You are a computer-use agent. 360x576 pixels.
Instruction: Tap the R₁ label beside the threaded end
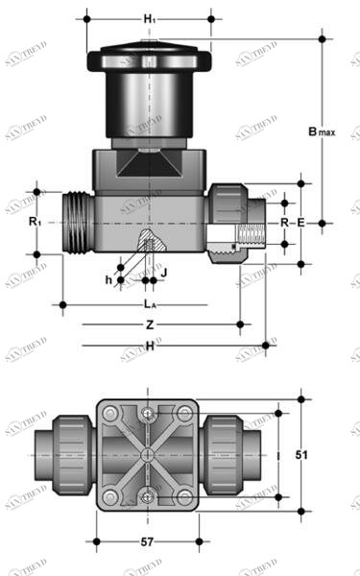click(x=35, y=222)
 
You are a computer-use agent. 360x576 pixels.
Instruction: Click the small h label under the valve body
click(x=108, y=279)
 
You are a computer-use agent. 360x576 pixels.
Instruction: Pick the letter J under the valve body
click(x=163, y=272)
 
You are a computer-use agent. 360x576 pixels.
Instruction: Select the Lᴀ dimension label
click(x=150, y=304)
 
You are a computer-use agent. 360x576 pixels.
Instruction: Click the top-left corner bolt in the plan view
click(x=111, y=413)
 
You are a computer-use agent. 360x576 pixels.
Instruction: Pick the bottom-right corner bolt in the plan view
click(x=182, y=495)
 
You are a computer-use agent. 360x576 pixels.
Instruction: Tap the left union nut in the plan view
click(x=70, y=454)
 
